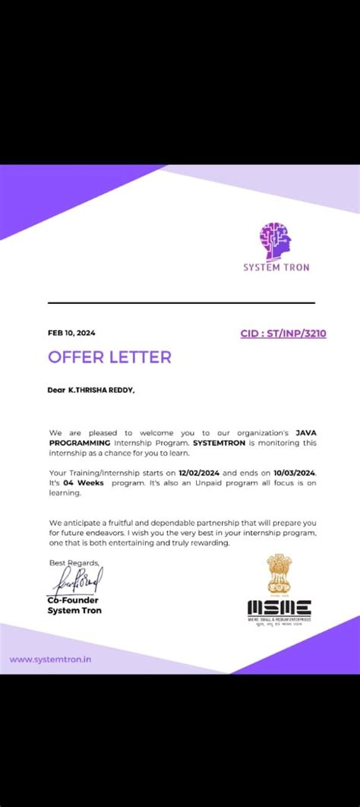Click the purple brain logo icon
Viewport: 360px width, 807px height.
click(x=276, y=240)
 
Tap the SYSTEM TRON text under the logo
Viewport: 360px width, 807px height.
click(x=276, y=267)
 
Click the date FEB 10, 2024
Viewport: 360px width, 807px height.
click(x=71, y=333)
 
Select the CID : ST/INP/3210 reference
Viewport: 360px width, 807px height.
click(x=283, y=333)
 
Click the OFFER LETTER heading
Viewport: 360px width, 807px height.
click(x=109, y=357)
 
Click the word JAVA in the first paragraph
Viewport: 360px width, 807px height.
click(x=306, y=432)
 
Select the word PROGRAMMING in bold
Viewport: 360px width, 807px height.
click(x=80, y=442)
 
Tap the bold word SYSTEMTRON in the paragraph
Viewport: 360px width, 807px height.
click(x=219, y=442)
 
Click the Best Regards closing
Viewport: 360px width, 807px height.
click(x=74, y=562)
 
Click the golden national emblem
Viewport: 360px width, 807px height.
click(x=279, y=573)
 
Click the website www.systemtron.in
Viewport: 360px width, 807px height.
click(x=50, y=659)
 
